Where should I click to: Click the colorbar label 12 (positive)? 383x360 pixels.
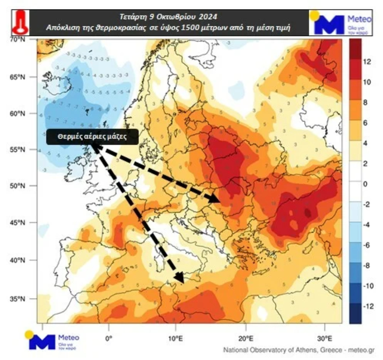(367, 61)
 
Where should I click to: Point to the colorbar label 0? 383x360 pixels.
(365, 184)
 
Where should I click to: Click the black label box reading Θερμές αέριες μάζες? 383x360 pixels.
(92, 136)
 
